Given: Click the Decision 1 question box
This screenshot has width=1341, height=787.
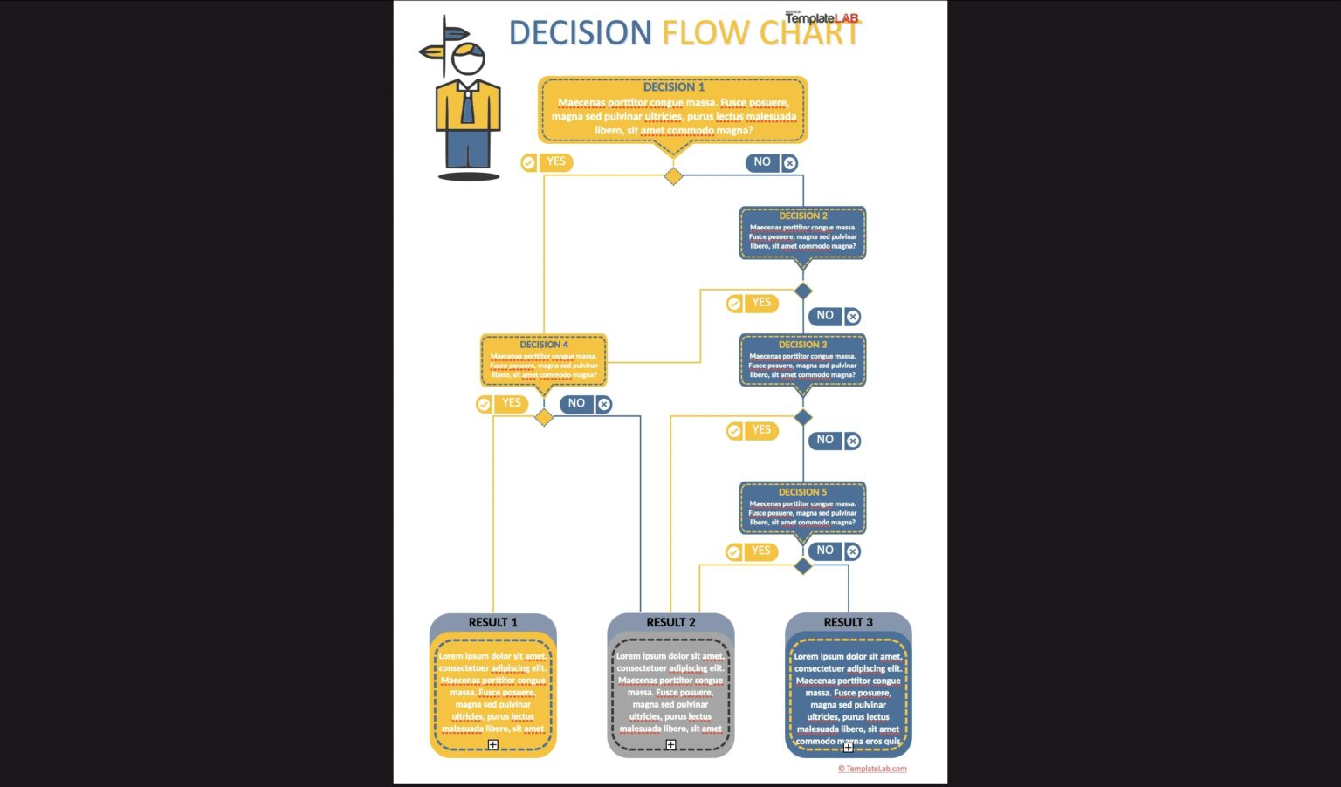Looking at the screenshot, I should [x=672, y=110].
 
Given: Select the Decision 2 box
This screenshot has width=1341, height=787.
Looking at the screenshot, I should [x=802, y=233].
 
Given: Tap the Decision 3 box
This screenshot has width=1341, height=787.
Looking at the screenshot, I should [x=802, y=360].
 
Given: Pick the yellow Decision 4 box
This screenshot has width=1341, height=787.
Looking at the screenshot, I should [x=543, y=360].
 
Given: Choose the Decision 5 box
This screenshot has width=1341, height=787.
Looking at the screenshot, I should [x=802, y=508].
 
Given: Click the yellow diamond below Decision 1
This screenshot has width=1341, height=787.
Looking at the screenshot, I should [x=673, y=176].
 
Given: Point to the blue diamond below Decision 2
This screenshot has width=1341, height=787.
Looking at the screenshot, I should [x=803, y=291].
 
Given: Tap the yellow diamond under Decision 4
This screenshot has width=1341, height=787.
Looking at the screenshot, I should [x=544, y=417].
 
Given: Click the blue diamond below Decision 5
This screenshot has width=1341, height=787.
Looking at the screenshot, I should [x=803, y=566].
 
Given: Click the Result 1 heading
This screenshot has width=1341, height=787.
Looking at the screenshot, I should [x=493, y=622].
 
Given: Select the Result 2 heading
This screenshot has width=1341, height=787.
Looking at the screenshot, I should [x=670, y=622].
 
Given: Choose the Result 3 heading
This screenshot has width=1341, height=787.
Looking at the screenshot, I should [x=848, y=622].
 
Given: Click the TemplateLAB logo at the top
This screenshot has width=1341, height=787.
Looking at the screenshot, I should [x=822, y=17].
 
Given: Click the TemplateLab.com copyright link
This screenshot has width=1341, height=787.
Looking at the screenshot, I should [x=872, y=769].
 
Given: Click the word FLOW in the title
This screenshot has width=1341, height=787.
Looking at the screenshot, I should [x=705, y=33].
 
